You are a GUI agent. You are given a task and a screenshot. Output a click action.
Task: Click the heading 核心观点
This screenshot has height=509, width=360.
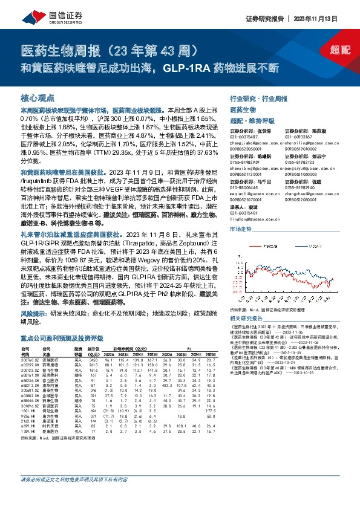coord(38,97)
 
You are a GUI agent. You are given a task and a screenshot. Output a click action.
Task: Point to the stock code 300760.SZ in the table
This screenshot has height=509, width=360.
coord(30,361)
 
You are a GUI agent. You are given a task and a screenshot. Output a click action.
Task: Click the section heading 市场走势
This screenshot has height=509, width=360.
coord(241,230)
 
